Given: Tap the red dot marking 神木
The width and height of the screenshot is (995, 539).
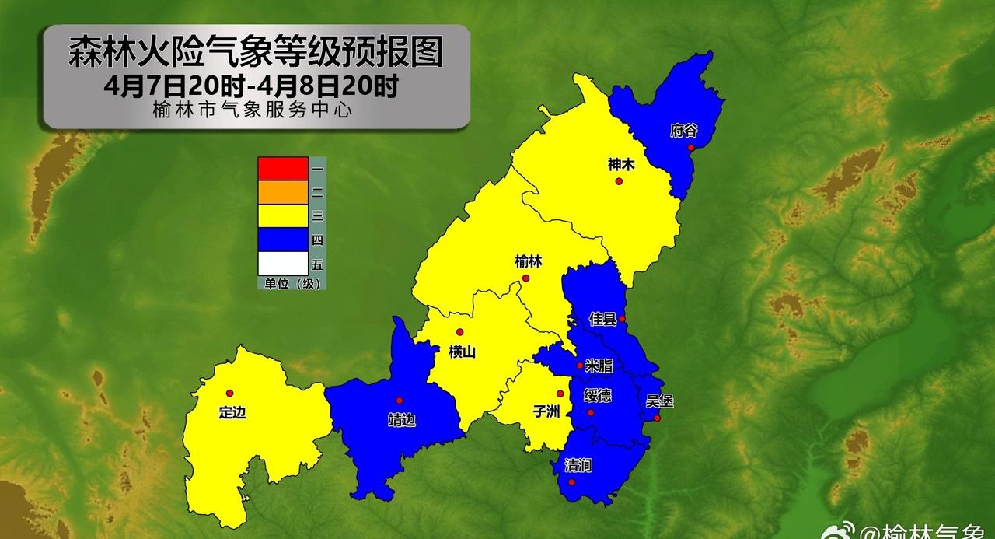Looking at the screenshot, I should [x=619, y=181].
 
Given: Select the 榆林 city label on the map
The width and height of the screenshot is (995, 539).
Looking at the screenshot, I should [x=528, y=262].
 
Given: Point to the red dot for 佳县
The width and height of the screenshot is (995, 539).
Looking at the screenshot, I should [x=622, y=319].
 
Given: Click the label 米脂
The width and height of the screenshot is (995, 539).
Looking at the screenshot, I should [x=599, y=366].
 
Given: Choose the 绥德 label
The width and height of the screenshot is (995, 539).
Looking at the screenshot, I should [x=597, y=396].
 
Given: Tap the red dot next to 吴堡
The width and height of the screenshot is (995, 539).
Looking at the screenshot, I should [x=657, y=418].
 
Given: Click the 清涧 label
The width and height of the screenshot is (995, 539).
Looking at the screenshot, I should [x=578, y=466].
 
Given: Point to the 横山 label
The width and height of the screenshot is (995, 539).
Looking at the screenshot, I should [x=462, y=352].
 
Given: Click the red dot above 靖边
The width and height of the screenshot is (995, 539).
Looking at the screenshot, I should [x=399, y=401].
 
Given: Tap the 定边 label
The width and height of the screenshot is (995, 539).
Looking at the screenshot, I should [x=232, y=412].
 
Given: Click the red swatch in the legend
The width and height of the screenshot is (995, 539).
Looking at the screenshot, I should [x=283, y=168].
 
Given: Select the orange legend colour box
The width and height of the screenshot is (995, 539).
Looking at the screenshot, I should [x=283, y=192].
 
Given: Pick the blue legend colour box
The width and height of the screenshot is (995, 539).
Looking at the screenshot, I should [x=283, y=240].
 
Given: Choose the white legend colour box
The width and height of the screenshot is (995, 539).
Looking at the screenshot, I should [x=283, y=264].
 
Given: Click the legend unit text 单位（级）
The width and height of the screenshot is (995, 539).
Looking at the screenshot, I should [x=291, y=284].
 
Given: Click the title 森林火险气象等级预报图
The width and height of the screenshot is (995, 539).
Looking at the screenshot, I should [x=256, y=53].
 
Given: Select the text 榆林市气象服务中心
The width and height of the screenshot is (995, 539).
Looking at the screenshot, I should [x=253, y=111].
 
